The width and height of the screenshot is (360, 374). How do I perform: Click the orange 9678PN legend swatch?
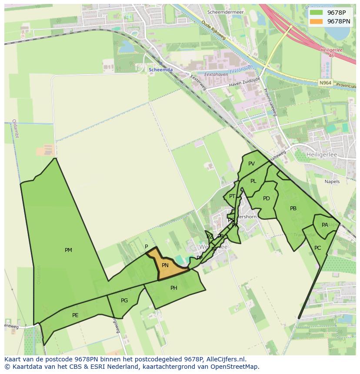317,21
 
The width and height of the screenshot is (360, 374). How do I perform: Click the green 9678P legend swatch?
317,12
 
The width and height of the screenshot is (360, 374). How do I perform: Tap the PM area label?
68,250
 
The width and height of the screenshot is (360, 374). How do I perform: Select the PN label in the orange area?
165,265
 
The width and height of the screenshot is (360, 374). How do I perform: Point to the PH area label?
174,288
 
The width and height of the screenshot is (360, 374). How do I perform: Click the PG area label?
124,301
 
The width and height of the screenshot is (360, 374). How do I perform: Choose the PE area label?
75,315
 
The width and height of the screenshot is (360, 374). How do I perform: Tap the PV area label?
251,164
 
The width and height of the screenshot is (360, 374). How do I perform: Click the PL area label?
253,181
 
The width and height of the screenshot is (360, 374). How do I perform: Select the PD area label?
267,199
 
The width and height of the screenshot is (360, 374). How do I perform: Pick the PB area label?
293,209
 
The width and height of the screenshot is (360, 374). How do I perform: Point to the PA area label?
325,225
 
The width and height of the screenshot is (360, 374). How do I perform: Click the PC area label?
317,248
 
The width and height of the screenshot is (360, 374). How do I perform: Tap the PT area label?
232,196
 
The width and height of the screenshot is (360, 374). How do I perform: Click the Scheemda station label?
160,70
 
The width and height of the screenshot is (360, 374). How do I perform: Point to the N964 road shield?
324,83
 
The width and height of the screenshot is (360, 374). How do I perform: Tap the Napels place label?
332,182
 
